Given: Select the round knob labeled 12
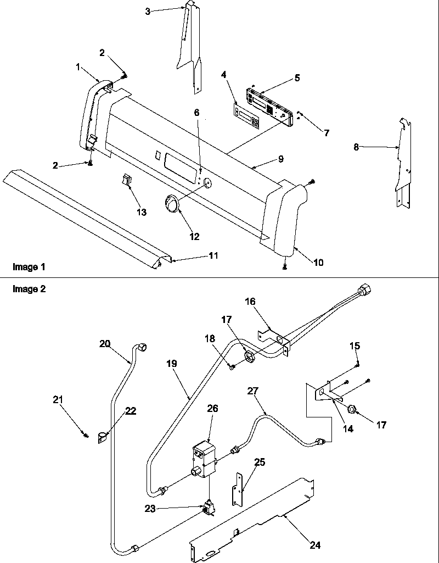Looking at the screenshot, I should coord(172,204).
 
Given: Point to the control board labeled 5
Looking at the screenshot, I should coord(268,104).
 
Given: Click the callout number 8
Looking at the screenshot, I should coord(357,147).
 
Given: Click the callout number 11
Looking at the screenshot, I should coord(213,255).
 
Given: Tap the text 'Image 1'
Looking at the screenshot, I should coord(29,267).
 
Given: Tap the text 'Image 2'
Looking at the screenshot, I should coord(29,289).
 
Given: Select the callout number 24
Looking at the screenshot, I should coord(315,545).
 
